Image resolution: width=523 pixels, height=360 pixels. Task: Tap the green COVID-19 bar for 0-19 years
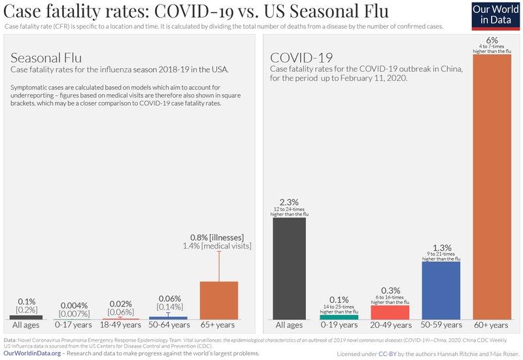point(339,316)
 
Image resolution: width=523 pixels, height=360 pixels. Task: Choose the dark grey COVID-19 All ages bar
point(290,268)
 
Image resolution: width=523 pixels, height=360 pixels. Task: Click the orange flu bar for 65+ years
point(219,300)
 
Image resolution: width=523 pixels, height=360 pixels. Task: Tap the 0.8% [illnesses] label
point(216,237)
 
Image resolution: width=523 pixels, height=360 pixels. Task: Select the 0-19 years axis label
point(339,325)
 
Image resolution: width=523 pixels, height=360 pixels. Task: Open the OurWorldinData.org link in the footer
point(33,353)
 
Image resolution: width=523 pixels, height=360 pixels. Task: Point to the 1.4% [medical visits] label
point(216,246)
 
